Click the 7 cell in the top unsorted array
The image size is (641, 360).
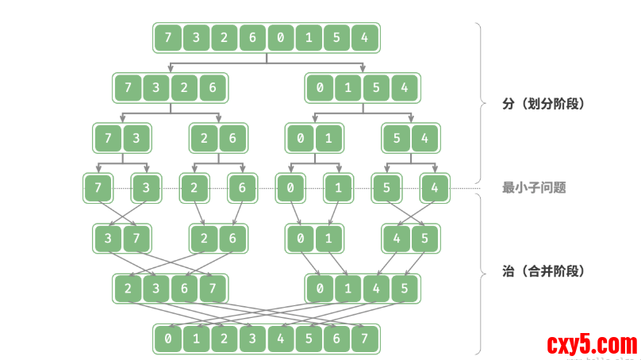coord(168,37)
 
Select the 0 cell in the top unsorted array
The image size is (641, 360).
coord(280,37)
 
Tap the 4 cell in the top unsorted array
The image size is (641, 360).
coord(364,37)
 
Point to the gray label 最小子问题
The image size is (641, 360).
coord(534,188)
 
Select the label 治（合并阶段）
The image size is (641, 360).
coord(543,271)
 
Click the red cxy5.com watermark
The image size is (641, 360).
coord(592,345)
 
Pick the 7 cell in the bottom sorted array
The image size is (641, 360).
coord(364,339)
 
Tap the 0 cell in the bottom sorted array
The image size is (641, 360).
coord(168,339)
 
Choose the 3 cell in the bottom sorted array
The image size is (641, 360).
coord(252,339)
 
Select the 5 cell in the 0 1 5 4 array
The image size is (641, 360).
coord(376,88)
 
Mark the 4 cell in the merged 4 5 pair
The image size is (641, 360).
coord(396,237)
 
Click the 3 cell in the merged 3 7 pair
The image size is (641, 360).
coord(108,237)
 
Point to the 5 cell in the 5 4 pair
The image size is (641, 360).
coord(396,139)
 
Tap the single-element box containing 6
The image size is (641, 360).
coord(243,189)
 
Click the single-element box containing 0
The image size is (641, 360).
coord(290,189)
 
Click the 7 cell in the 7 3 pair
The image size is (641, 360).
coord(108,139)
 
